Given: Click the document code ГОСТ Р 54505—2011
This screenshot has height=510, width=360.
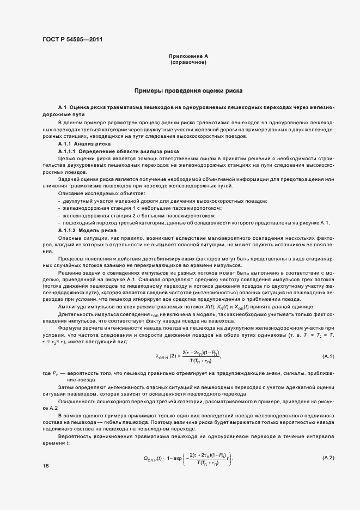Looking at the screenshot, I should pyautogui.click(x=72, y=40).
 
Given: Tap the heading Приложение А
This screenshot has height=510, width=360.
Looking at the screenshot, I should pyautogui.click(x=188, y=56).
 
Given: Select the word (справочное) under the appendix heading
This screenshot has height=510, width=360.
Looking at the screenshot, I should pyautogui.click(x=188, y=63).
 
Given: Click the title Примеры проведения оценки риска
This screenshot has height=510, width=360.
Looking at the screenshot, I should pyautogui.click(x=188, y=90).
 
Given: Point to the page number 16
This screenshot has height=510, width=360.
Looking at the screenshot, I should pyautogui.click(x=45, y=466).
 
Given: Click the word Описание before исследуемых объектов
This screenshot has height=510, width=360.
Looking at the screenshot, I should pyautogui.click(x=68, y=195).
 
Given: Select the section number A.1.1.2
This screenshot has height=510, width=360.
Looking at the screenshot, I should pyautogui.click(x=69, y=231).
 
